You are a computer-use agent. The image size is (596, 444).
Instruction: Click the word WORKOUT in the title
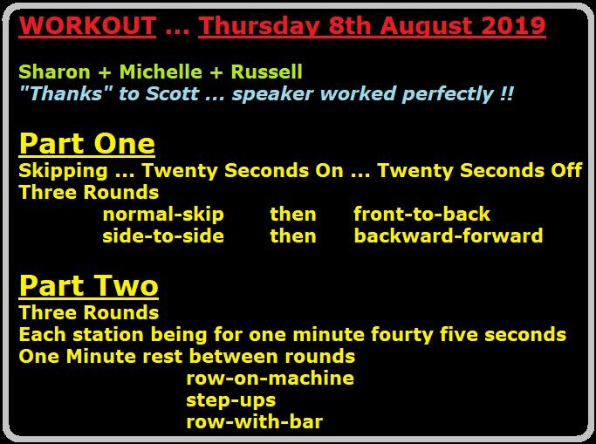[87, 26]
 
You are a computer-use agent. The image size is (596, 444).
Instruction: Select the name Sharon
[54, 72]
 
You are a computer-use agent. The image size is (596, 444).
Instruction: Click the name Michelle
[161, 72]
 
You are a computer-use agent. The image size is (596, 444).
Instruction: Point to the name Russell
[267, 72]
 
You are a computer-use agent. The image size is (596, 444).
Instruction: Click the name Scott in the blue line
[172, 93]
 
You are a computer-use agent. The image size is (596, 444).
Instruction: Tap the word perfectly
[447, 94]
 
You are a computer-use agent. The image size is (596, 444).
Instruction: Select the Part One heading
[87, 144]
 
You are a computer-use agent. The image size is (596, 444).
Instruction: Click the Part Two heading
[88, 286]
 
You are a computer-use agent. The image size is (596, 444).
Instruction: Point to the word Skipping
[63, 171]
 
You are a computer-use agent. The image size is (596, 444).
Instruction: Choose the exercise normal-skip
[163, 215]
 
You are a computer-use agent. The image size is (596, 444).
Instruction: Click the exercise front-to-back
[422, 214]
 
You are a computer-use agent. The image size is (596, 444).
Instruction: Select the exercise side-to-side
[163, 236]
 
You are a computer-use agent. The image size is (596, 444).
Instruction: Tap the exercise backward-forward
[449, 236]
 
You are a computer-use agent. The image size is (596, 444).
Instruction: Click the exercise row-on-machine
[270, 379]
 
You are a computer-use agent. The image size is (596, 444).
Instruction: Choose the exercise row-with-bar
[255, 422]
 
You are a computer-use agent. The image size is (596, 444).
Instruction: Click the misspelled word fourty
[401, 336]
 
